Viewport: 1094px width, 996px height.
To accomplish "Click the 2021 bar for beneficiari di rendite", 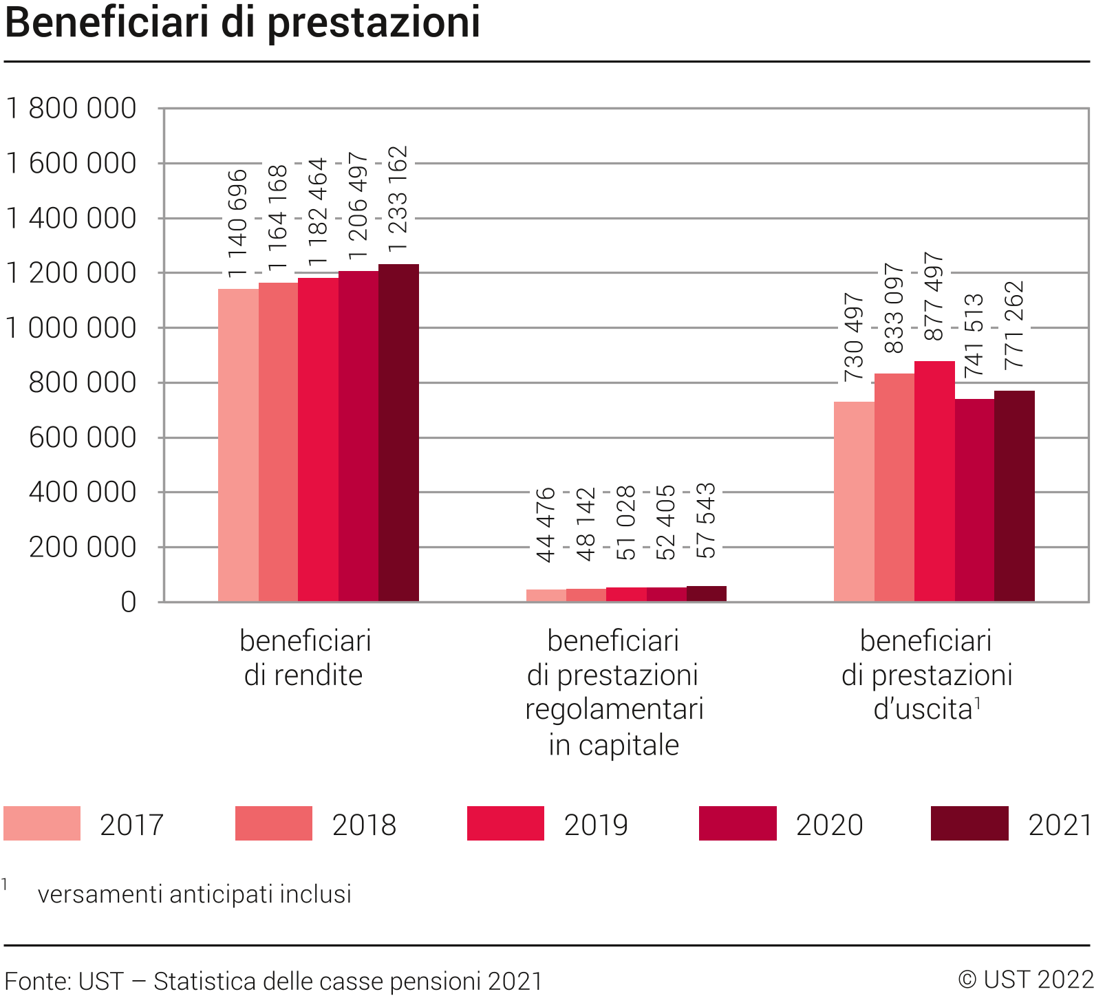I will (x=398, y=433).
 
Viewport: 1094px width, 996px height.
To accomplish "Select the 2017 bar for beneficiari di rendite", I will (x=238, y=445).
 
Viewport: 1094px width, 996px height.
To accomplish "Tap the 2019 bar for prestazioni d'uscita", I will (x=934, y=481).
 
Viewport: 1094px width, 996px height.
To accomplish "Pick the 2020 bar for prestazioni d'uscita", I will (x=974, y=500).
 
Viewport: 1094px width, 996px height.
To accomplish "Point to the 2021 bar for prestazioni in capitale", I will (x=707, y=594).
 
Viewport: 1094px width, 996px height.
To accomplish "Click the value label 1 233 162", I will (x=398, y=198).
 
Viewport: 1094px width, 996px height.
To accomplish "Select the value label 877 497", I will (x=934, y=296).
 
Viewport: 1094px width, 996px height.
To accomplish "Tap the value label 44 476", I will (x=546, y=525).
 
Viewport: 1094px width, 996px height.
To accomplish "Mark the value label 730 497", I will (x=854, y=337).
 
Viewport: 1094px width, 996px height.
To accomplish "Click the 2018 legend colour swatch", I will (x=274, y=823).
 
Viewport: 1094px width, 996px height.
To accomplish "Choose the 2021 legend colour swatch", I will (x=969, y=823).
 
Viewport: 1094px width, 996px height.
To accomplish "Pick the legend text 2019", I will (x=596, y=825).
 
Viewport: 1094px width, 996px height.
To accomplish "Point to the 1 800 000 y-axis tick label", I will (x=71, y=109).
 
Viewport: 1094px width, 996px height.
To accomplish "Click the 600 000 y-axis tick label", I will (x=83, y=437).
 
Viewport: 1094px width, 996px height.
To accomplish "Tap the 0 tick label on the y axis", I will (x=129, y=603).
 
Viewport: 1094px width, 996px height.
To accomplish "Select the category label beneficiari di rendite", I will (x=305, y=658).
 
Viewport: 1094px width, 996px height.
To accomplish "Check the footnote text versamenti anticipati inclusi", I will (x=195, y=894).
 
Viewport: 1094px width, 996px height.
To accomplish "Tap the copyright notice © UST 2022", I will (x=1025, y=979).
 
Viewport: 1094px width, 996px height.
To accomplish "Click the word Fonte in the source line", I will (x=34, y=981).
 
